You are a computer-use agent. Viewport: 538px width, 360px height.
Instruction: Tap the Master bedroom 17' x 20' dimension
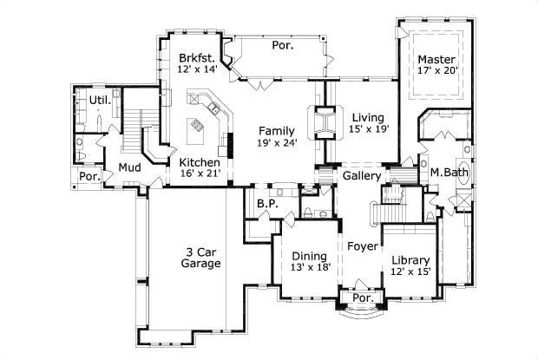point(436,70)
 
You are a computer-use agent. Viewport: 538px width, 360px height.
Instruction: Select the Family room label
point(276,130)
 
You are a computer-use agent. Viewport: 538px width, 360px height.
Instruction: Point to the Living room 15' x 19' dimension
point(370,128)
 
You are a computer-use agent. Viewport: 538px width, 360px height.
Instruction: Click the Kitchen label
point(199,162)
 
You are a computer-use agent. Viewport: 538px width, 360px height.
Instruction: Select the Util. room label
point(100,101)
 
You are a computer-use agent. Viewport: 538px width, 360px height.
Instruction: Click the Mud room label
point(129,167)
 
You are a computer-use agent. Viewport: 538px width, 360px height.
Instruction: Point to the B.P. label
point(266,204)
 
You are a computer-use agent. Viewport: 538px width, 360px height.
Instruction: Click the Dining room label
point(308,256)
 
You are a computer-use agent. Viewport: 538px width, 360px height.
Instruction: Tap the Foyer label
point(362,246)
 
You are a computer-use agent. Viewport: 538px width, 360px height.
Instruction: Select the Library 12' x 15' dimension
point(410,272)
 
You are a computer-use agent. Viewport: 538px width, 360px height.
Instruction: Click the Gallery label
point(362,175)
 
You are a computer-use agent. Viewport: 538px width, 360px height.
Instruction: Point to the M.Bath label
point(450,173)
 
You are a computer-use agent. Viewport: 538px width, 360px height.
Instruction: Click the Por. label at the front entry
point(363,298)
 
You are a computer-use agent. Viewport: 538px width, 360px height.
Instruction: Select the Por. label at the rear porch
point(282,45)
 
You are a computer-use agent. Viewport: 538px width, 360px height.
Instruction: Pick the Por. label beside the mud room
point(89,176)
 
